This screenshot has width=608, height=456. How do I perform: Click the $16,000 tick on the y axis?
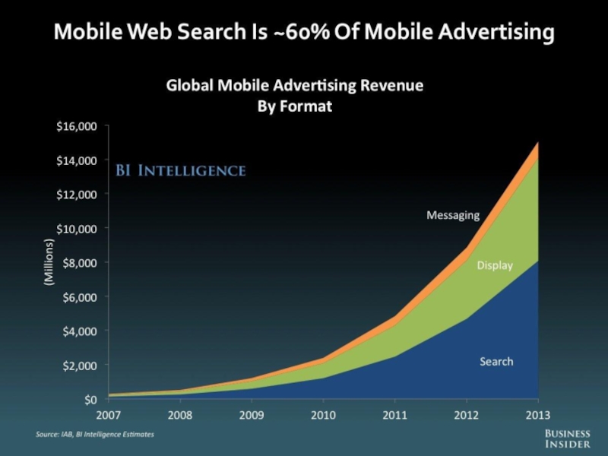(78, 127)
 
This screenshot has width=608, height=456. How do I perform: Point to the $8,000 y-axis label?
(80, 263)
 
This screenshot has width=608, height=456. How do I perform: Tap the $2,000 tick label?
(80, 366)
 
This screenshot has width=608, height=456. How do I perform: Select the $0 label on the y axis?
(90, 400)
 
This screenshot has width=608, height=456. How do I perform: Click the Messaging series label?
(453, 215)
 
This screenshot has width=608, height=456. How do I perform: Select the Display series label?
(495, 265)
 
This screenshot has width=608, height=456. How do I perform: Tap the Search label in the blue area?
(496, 362)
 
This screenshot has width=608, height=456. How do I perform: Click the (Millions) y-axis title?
(49, 262)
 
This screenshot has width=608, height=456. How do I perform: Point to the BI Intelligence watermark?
(180, 170)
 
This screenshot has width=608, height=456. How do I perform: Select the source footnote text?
(95, 434)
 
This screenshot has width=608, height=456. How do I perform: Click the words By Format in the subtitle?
(296, 106)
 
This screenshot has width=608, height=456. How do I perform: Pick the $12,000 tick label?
(78, 195)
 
